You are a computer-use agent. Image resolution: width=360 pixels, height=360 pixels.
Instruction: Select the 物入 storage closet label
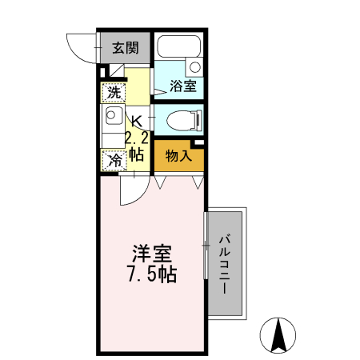(x=178, y=155)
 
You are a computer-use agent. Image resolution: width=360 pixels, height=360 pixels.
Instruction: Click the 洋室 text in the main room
(x=151, y=255)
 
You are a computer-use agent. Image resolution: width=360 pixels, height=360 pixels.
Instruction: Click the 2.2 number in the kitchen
(x=135, y=138)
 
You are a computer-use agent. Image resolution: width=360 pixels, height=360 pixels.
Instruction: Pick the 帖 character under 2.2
(x=135, y=154)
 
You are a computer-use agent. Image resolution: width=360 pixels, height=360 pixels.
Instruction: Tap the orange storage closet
(x=178, y=155)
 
